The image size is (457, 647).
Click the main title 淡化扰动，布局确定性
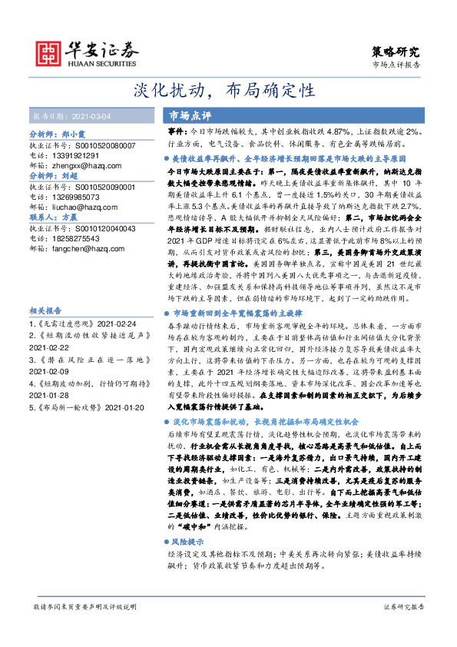[x=228, y=91]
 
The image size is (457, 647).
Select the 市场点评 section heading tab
[x=190, y=115]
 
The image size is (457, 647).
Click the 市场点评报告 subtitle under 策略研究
[x=396, y=66]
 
